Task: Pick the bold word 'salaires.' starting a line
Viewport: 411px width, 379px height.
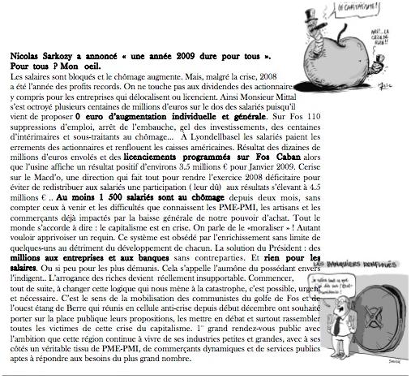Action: [x=24, y=267]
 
